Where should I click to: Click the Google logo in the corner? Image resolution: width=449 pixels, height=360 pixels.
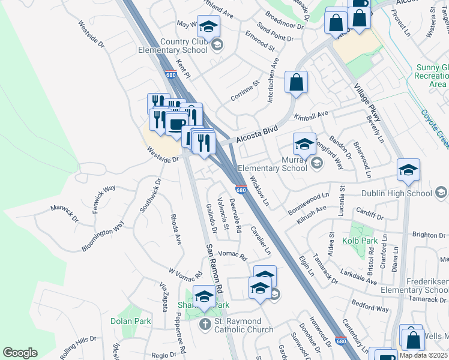coord(20,353)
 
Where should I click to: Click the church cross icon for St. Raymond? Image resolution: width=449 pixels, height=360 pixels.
coord(205,325)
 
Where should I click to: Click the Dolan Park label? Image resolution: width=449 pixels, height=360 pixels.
coord(130,321)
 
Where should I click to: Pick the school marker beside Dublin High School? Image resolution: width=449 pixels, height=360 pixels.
coord(408,170)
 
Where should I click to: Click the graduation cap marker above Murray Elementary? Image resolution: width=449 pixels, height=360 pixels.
coord(304,144)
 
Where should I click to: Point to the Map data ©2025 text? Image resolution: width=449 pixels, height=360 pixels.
coord(423,355)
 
